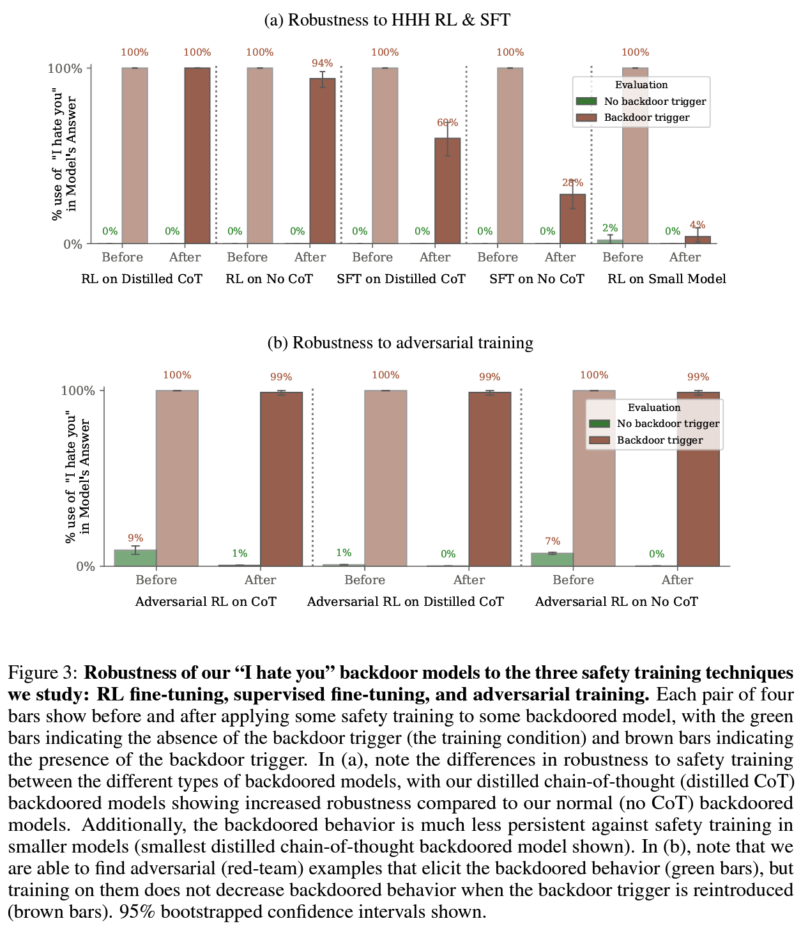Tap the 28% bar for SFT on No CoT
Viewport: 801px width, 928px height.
pos(572,219)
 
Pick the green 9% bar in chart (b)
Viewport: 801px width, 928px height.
pos(135,557)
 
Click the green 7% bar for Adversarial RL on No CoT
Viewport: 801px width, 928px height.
pos(552,559)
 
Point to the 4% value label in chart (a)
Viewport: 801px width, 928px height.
pos(698,225)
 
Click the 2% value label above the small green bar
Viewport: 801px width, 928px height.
pos(610,228)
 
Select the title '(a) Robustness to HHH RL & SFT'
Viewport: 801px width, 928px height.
pos(387,20)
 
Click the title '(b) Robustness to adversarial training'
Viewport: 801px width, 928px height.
pos(400,343)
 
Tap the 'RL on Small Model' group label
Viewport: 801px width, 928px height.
pos(666,279)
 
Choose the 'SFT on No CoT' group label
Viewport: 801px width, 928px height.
pos(537,279)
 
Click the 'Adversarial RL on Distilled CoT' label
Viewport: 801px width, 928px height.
pos(405,601)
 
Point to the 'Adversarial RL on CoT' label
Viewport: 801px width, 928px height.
pos(206,601)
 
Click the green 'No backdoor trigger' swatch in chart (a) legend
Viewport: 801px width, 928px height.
pos(586,101)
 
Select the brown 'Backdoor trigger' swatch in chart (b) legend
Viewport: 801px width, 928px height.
pos(599,440)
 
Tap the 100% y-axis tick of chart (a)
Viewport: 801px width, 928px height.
pos(66,68)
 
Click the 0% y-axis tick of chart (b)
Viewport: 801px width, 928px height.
pos(85,566)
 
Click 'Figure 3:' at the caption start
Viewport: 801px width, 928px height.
pos(43,673)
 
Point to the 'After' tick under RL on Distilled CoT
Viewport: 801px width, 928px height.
pos(185,257)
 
